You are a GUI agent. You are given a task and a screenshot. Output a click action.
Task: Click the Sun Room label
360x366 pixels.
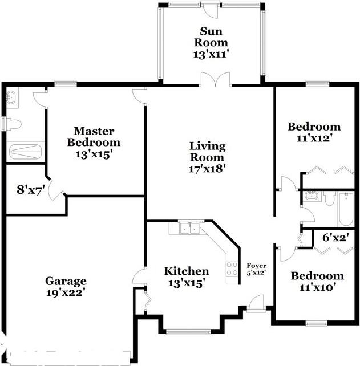(214, 42)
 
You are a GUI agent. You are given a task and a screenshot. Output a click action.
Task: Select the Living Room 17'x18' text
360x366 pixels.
(208, 157)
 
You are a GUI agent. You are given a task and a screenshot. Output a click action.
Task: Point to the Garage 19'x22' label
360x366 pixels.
(66, 286)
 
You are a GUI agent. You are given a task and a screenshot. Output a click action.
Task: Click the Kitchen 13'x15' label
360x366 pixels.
(187, 276)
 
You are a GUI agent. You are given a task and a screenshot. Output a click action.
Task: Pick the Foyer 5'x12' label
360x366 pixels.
(256, 269)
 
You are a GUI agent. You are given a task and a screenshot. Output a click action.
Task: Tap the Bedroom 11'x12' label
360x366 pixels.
(314, 132)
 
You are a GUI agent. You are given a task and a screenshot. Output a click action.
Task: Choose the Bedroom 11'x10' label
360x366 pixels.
(317, 282)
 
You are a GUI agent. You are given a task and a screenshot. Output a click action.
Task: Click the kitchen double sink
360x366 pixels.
(189, 229)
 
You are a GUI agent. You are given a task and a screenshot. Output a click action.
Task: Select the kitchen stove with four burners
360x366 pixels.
(232, 269)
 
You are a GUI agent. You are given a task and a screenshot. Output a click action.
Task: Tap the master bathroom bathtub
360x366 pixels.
(25, 151)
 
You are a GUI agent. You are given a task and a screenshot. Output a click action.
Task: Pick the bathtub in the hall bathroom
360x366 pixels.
(346, 209)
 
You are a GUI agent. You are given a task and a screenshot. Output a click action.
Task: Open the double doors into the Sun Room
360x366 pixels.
(216, 80)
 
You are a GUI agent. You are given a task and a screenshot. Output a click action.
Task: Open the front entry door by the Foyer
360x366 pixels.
(256, 303)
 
